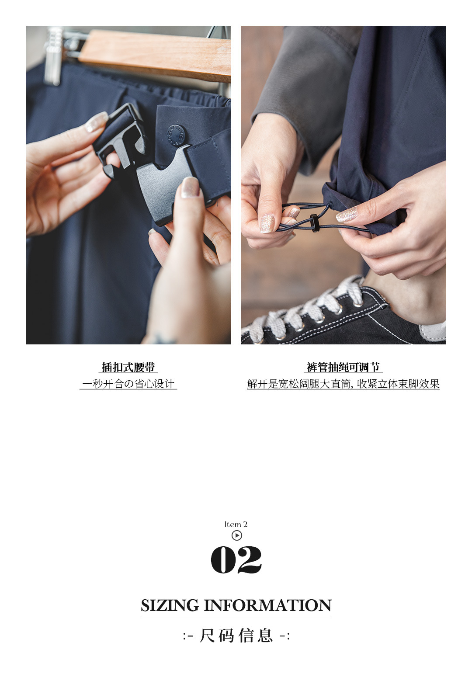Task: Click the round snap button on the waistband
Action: (176, 133)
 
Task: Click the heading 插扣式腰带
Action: (128, 367)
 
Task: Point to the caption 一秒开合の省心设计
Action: (128, 384)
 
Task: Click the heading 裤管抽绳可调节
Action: (343, 367)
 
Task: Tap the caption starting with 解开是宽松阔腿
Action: (343, 384)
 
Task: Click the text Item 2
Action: (236, 524)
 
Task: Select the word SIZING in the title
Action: (170, 605)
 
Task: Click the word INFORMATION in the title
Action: (267, 605)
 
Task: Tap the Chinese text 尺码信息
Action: (236, 635)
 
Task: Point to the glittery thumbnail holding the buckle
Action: (190, 187)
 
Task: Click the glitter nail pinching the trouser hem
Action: (347, 214)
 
